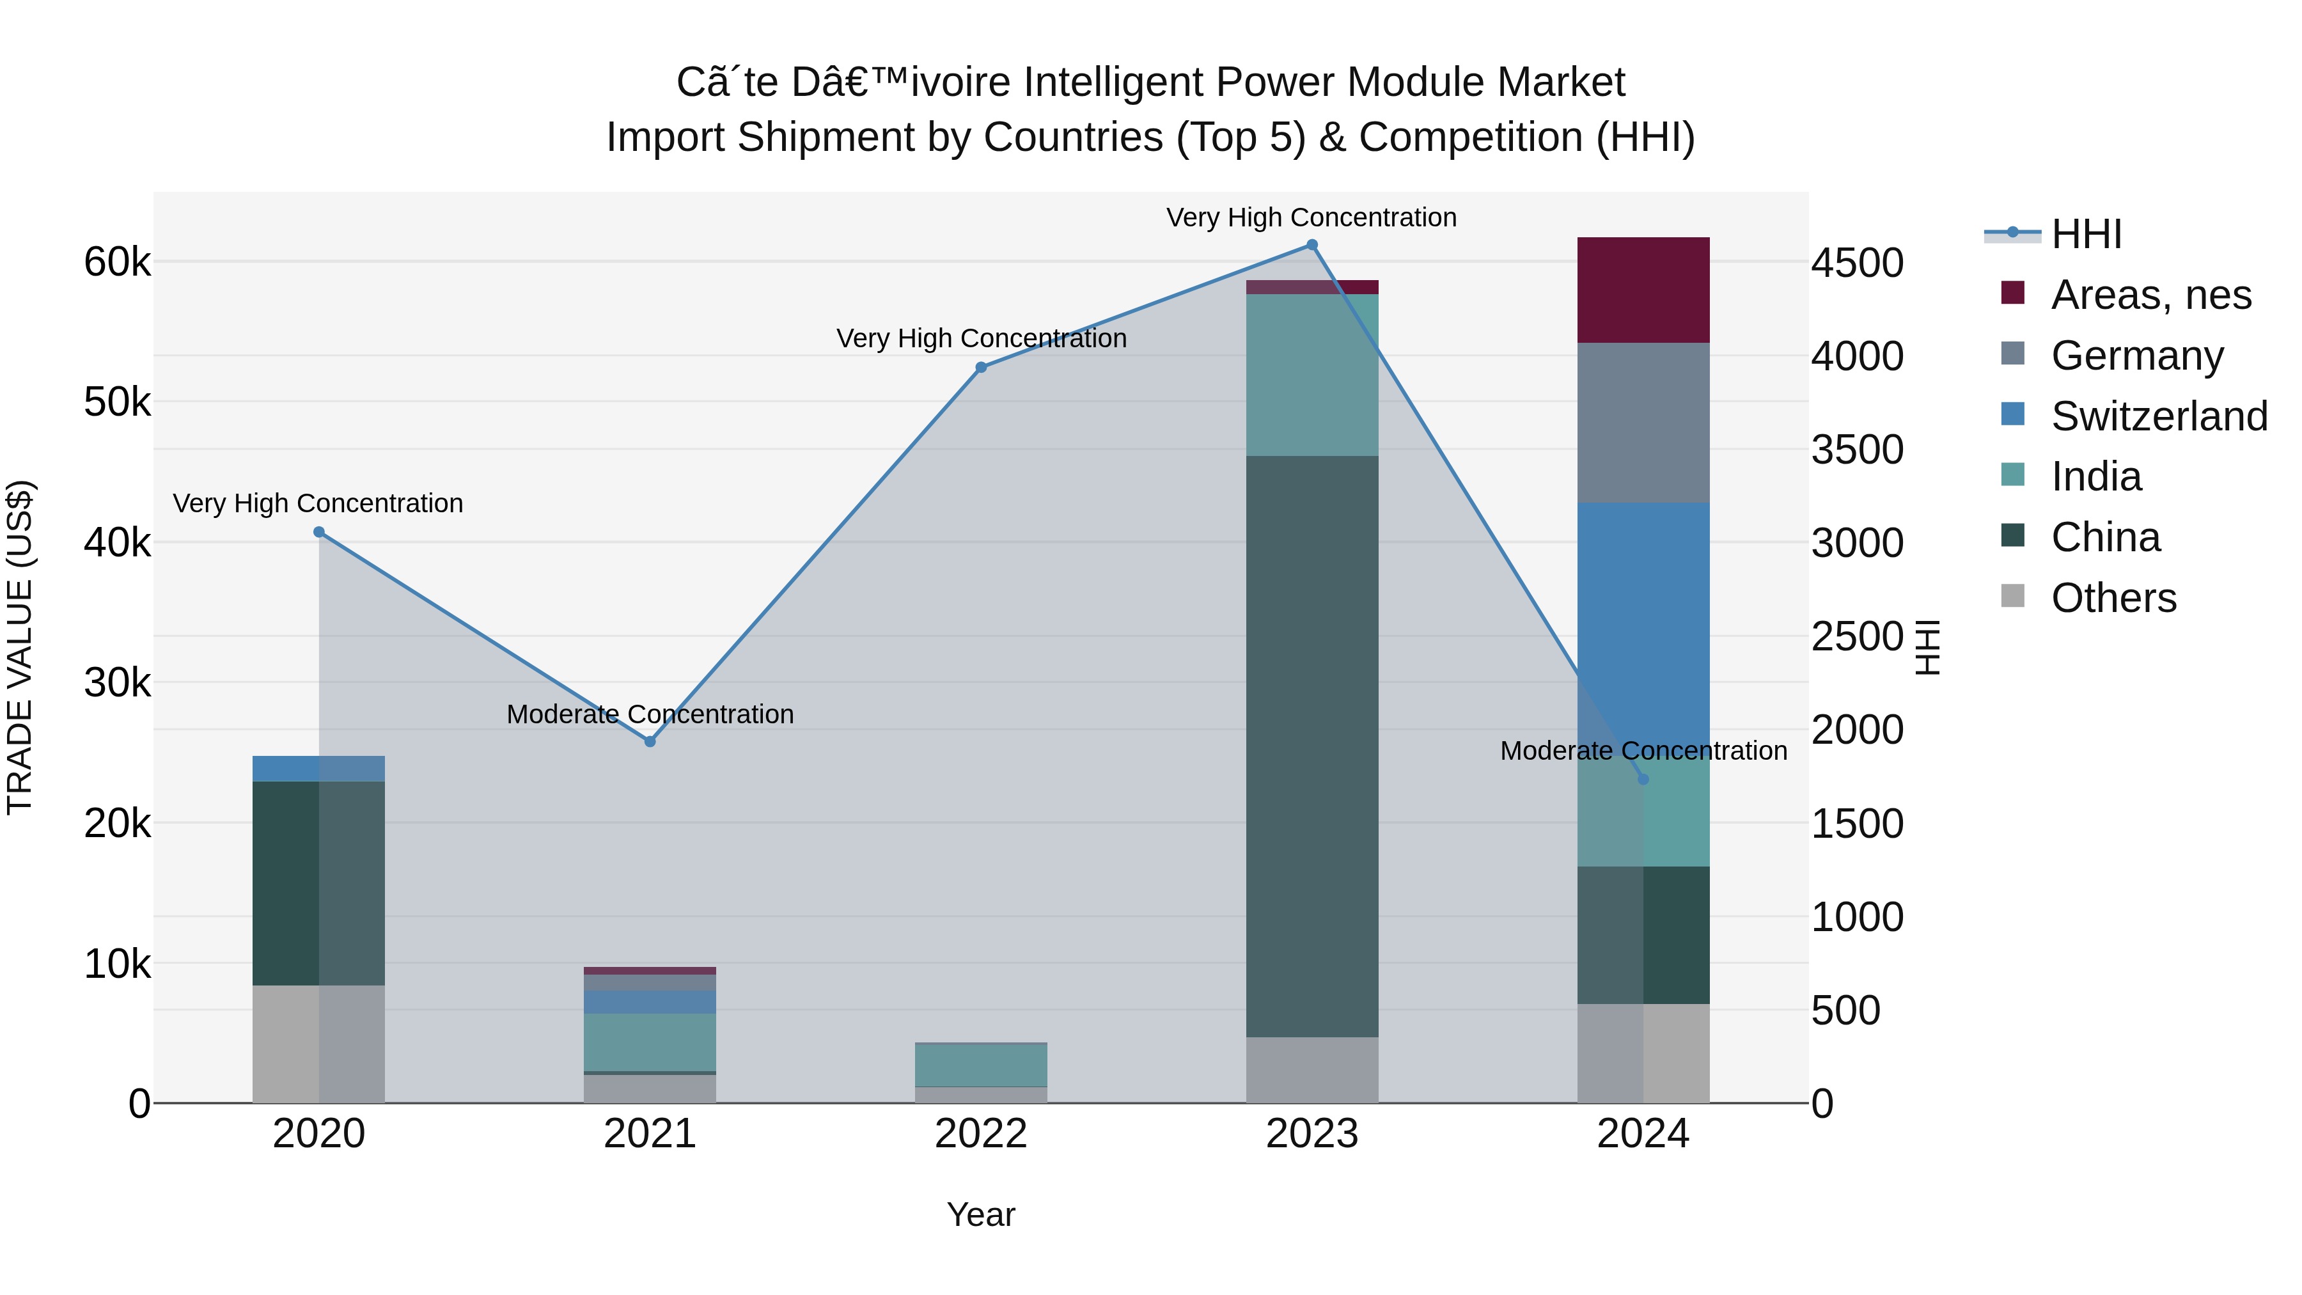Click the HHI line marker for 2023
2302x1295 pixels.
click(1312, 245)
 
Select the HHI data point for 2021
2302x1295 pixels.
click(650, 742)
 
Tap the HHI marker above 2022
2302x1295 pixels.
click(981, 367)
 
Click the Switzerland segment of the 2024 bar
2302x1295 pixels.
click(1643, 616)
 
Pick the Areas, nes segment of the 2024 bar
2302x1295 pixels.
click(1643, 290)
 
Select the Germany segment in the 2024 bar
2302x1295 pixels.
click(1643, 423)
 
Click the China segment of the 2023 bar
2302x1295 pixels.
click(1312, 746)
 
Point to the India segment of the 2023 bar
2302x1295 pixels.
click(1312, 375)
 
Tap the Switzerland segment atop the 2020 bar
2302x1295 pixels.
click(319, 769)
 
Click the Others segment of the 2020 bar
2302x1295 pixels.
click(319, 1044)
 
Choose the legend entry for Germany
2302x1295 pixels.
click(2136, 356)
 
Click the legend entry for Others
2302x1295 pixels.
click(2113, 598)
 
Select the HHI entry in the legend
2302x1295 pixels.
click(2086, 234)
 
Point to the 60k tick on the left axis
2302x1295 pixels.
click(117, 263)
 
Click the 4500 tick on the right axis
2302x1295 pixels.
click(1858, 263)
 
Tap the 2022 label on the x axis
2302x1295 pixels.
click(981, 1134)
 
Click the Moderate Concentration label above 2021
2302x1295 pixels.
click(650, 714)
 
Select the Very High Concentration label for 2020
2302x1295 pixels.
click(318, 503)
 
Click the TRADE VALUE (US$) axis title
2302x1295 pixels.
click(20, 647)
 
